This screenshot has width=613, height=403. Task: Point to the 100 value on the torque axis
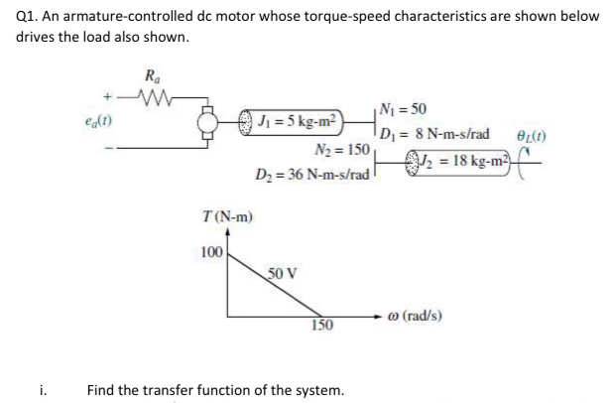210,252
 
